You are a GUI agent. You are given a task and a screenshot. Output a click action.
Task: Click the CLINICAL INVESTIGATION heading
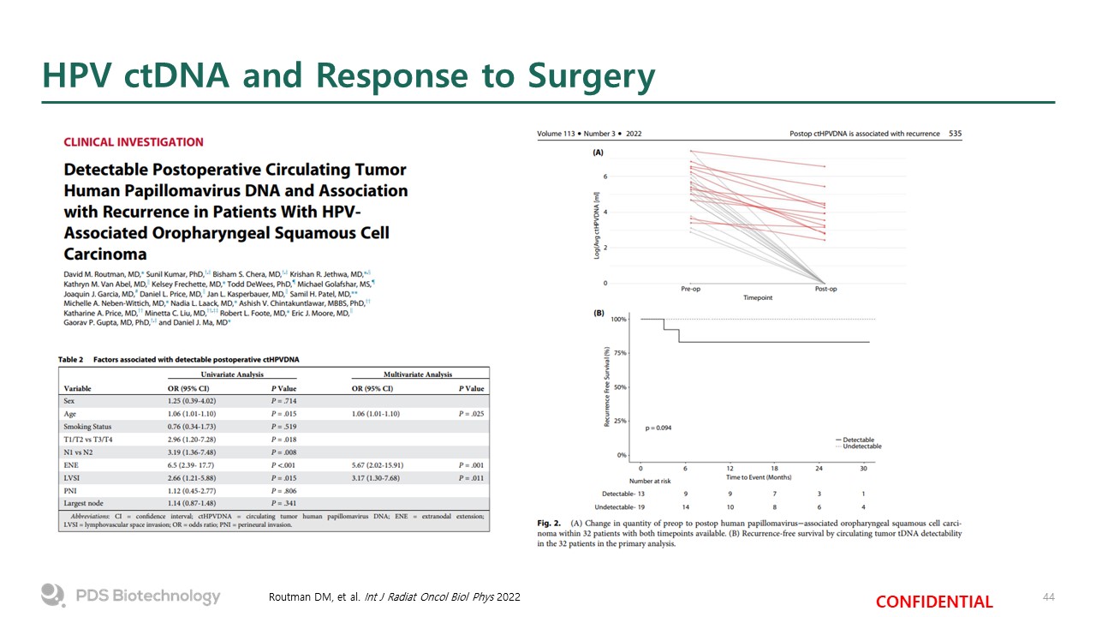click(134, 142)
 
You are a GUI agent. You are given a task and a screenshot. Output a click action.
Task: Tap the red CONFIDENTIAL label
click(934, 602)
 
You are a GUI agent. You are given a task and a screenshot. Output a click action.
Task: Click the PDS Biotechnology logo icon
click(53, 596)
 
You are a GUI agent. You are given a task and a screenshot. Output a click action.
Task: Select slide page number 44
click(1048, 596)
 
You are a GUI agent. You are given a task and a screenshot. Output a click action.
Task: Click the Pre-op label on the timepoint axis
click(692, 289)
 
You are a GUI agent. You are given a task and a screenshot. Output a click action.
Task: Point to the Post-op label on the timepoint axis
click(825, 289)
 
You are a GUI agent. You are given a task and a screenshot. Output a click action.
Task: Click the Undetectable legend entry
click(861, 446)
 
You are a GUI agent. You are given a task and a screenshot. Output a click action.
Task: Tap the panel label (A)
click(599, 153)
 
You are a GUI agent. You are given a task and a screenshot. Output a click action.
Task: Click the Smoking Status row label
click(87, 426)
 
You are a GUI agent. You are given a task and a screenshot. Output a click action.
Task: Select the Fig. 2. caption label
click(550, 523)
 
